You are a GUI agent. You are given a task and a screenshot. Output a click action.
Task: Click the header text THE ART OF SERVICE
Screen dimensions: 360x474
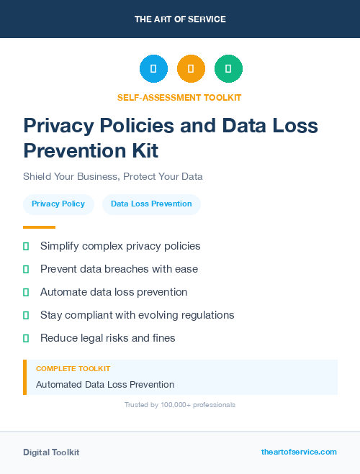(x=180, y=19)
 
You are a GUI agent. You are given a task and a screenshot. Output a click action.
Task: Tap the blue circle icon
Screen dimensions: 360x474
(x=153, y=69)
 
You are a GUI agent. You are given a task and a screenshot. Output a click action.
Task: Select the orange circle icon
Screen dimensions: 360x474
(x=191, y=69)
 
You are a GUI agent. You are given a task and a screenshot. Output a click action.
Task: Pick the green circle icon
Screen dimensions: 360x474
(x=228, y=69)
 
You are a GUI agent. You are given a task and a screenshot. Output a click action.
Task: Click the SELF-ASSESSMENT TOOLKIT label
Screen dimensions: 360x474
(x=180, y=97)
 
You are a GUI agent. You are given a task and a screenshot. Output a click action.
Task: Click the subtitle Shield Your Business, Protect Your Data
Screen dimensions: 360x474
(x=113, y=176)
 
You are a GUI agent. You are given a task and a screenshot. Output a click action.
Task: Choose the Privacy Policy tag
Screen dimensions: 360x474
(x=58, y=204)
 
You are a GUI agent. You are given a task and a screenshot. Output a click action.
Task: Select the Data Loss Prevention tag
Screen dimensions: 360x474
(x=151, y=204)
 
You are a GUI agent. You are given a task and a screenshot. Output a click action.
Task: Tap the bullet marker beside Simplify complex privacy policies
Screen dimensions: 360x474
(x=26, y=246)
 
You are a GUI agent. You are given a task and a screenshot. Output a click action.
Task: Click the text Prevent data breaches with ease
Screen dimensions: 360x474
(x=119, y=269)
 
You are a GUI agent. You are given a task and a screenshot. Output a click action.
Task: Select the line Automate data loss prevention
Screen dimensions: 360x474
(x=114, y=292)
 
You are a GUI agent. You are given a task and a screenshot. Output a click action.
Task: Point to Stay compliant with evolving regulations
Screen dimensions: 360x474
(x=137, y=315)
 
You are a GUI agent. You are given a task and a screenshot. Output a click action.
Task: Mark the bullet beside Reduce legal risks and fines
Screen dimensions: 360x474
(x=26, y=338)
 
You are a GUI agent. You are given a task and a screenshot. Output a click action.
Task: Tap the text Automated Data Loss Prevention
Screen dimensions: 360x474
(x=105, y=385)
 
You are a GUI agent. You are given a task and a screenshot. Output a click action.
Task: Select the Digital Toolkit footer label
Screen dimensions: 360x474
(x=51, y=452)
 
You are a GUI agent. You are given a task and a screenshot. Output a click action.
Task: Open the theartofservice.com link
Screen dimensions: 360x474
(x=299, y=452)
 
